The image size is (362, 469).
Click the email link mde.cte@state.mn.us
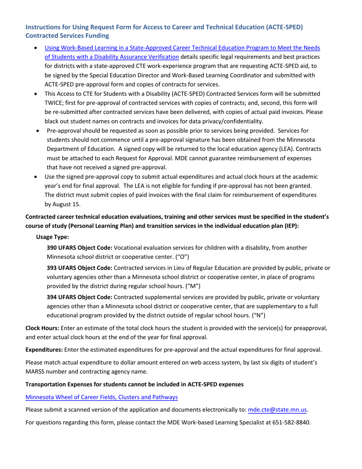coord(277,410)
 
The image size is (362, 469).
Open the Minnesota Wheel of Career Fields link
coord(101,397)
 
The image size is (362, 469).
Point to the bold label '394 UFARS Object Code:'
coord(79,297)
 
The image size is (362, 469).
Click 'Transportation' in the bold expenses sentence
coord(43,384)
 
